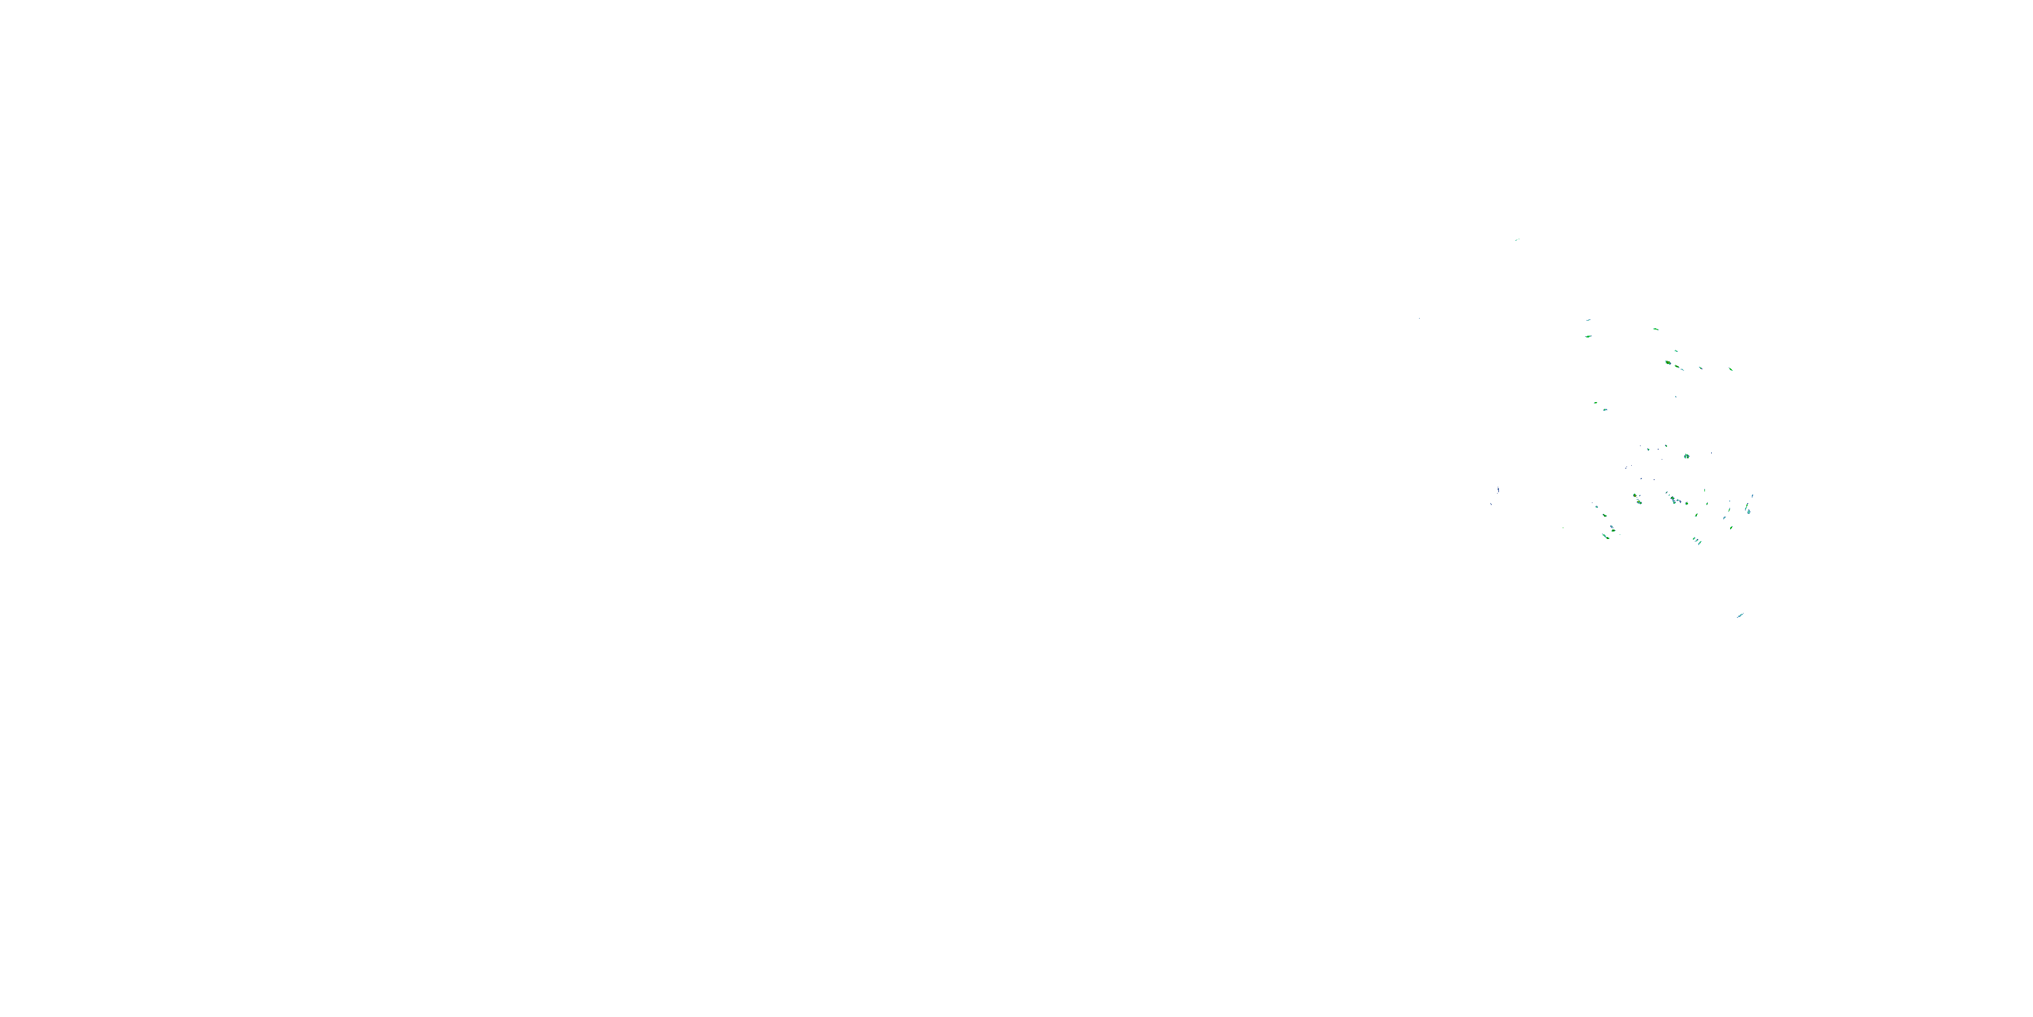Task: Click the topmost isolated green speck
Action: (1517, 240)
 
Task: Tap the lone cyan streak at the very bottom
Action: (1740, 615)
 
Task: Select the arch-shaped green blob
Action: (1687, 456)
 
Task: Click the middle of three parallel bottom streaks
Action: (1697, 541)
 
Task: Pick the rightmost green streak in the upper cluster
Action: (1731, 369)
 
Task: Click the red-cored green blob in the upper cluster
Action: (1668, 363)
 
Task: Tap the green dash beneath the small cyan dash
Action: (1588, 337)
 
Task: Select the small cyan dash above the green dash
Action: (1588, 320)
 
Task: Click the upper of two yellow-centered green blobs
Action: (1635, 496)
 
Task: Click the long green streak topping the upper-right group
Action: (1656, 330)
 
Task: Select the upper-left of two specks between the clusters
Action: (1596, 403)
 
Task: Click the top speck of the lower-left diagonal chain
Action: (1596, 506)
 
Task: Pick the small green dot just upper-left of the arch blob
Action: (1666, 447)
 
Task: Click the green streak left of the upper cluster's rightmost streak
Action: (1700, 368)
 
